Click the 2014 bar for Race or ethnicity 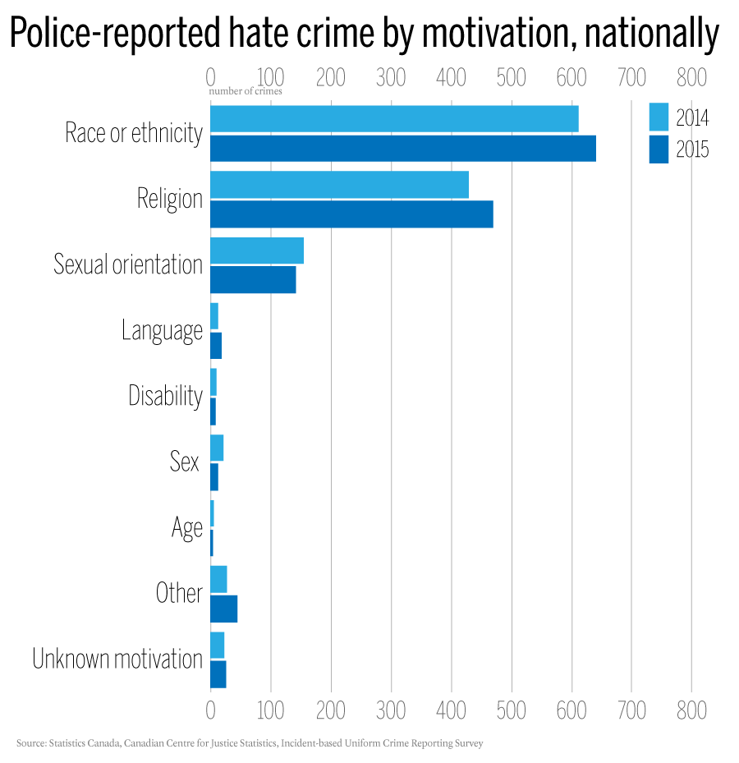[394, 119]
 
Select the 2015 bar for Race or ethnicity [402, 149]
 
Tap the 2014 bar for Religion [339, 185]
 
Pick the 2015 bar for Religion [351, 214]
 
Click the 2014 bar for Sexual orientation [257, 251]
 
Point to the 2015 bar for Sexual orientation [253, 280]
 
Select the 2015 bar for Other [223, 609]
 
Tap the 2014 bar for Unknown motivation [218, 645]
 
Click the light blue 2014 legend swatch [659, 117]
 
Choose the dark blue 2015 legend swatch [659, 149]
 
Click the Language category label [162, 330]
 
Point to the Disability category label [165, 396]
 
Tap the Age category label [187, 528]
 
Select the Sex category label [185, 462]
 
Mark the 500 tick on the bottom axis [511, 710]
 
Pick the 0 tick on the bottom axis [210, 710]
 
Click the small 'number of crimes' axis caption [246, 91]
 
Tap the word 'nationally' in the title [638, 34]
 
